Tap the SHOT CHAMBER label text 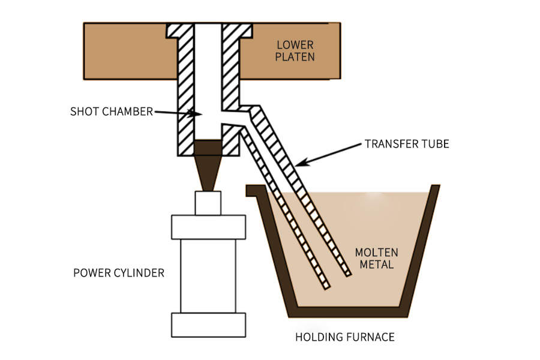(112, 112)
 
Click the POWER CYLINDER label (118, 273)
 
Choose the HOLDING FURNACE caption (344, 337)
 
